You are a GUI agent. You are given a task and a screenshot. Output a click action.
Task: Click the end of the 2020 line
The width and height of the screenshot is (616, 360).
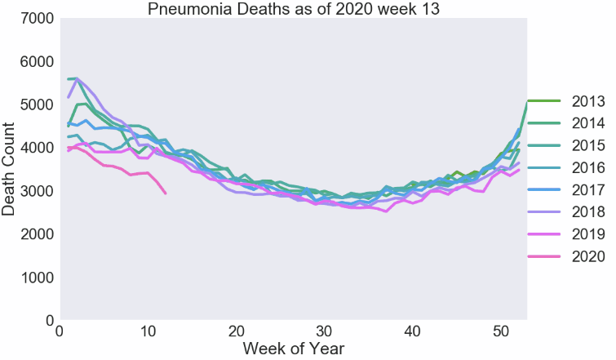click(166, 193)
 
